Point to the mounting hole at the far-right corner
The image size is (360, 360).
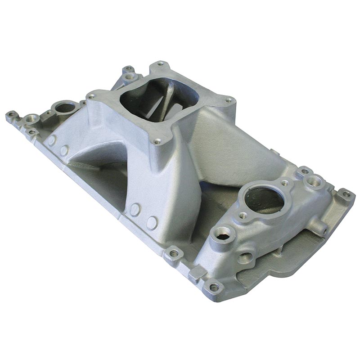coord(346,194)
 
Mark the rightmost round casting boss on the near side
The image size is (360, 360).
coord(152,223)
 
